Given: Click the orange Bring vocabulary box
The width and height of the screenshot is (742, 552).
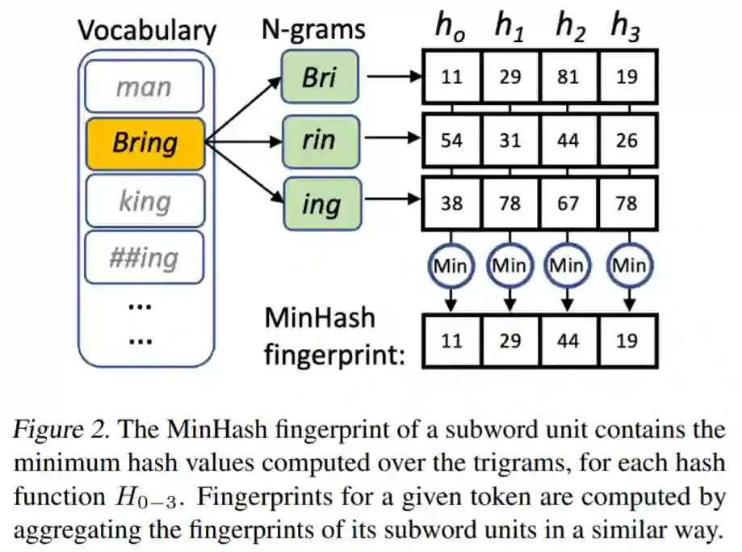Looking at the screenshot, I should (145, 143).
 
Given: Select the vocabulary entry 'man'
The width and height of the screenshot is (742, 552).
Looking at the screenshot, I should (145, 85).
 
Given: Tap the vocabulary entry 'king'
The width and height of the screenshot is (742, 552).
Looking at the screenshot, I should (145, 200).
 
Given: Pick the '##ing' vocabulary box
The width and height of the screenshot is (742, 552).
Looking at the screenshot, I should (145, 258).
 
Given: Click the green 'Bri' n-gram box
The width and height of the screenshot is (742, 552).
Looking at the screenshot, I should (321, 78).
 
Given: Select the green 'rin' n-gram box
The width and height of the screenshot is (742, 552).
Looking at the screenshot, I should (321, 141).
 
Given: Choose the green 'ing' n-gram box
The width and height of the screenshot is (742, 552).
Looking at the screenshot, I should (321, 204).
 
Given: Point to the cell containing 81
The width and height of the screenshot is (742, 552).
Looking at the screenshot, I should (568, 78).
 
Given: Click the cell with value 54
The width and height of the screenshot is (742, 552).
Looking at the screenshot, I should (452, 141).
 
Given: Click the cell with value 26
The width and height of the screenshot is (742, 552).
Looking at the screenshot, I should (627, 141).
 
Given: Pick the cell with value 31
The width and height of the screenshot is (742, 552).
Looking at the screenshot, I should (510, 141).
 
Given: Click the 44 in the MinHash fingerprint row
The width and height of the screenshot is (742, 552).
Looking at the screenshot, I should (568, 341).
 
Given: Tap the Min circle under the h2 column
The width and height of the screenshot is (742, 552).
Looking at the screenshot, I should (568, 265).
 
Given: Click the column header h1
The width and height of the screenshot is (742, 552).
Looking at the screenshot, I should (509, 26).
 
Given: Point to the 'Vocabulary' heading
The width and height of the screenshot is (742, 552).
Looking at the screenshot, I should (146, 31).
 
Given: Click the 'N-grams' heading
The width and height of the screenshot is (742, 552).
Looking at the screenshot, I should (313, 30).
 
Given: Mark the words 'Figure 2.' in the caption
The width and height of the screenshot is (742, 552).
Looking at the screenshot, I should (64, 430).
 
